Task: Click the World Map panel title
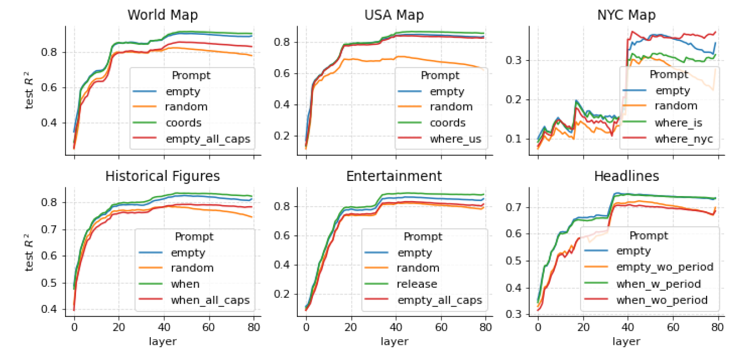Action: point(163,15)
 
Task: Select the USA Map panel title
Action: point(394,15)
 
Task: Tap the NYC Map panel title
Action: point(626,15)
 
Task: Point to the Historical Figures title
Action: point(163,176)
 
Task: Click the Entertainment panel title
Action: point(394,176)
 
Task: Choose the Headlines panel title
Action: point(626,176)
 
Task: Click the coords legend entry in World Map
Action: point(183,123)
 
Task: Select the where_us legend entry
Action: point(455,139)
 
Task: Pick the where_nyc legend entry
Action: point(684,139)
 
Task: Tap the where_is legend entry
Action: point(678,123)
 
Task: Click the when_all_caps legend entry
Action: point(210,300)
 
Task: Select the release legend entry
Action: point(416,284)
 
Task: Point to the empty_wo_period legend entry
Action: point(664,267)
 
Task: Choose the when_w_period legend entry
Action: point(658,284)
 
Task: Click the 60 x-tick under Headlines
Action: point(673,327)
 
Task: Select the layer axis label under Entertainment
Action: point(394,341)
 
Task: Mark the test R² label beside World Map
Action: point(29,90)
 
